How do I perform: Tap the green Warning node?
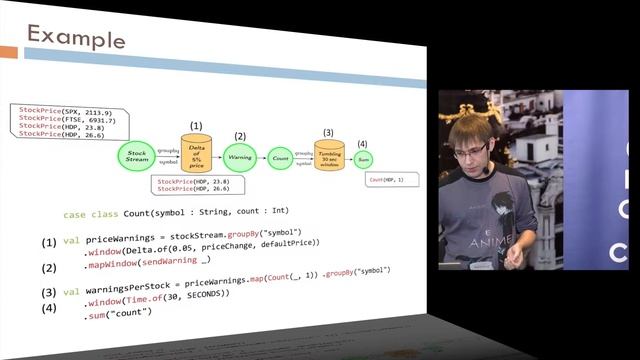point(240,157)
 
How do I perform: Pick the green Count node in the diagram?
point(281,158)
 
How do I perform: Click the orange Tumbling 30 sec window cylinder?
point(329,156)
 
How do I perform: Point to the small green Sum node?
point(364,159)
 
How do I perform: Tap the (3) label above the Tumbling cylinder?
point(328,132)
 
